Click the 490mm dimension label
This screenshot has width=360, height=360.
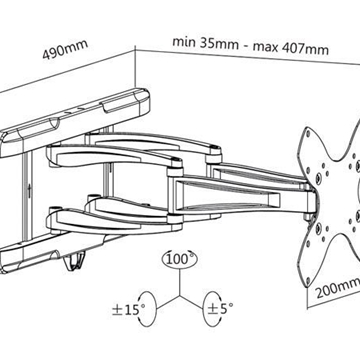pyautogui.click(x=65, y=49)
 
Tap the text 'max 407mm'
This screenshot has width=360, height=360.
pyautogui.click(x=291, y=48)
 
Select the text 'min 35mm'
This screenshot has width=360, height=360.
pyautogui.click(x=205, y=43)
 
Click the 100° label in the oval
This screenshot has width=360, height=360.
pyautogui.click(x=180, y=259)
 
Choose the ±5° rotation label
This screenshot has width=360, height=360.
pyautogui.click(x=220, y=308)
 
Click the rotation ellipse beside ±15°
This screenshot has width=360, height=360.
pyautogui.click(x=147, y=309)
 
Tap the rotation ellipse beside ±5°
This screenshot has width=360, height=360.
pyautogui.click(x=212, y=309)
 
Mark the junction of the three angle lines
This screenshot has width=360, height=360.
pyautogui.click(x=180, y=295)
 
